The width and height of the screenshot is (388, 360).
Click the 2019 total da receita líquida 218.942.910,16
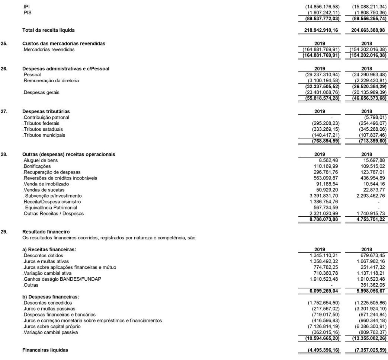321,30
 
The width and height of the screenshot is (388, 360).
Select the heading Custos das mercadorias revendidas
64,44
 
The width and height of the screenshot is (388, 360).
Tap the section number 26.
4,69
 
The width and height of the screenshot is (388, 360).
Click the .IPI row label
26,7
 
